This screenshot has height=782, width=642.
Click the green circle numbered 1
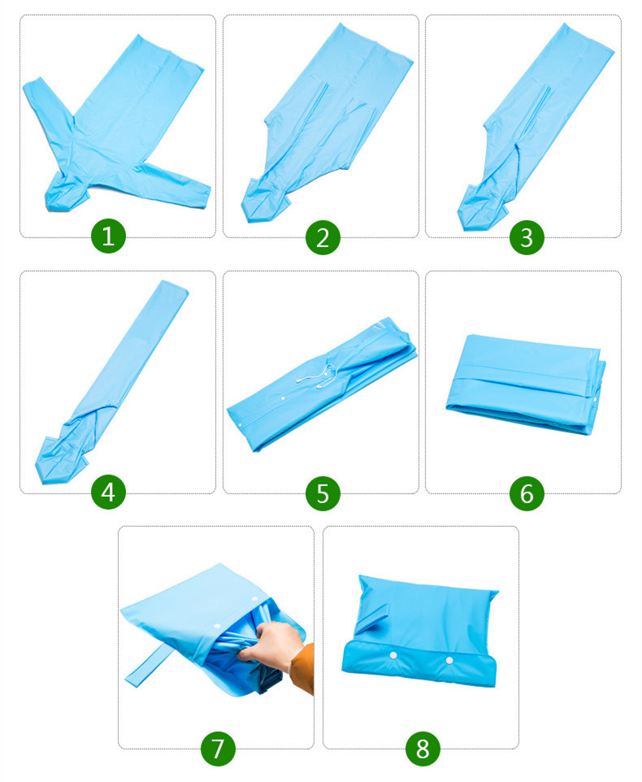click(109, 237)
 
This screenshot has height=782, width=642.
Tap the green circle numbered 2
click(323, 237)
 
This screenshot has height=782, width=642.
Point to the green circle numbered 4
click(109, 492)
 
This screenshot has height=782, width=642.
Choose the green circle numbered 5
click(323, 492)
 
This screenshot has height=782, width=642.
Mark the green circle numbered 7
click(217, 747)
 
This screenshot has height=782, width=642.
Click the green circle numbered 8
click(423, 747)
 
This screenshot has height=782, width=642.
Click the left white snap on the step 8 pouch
click(393, 655)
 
